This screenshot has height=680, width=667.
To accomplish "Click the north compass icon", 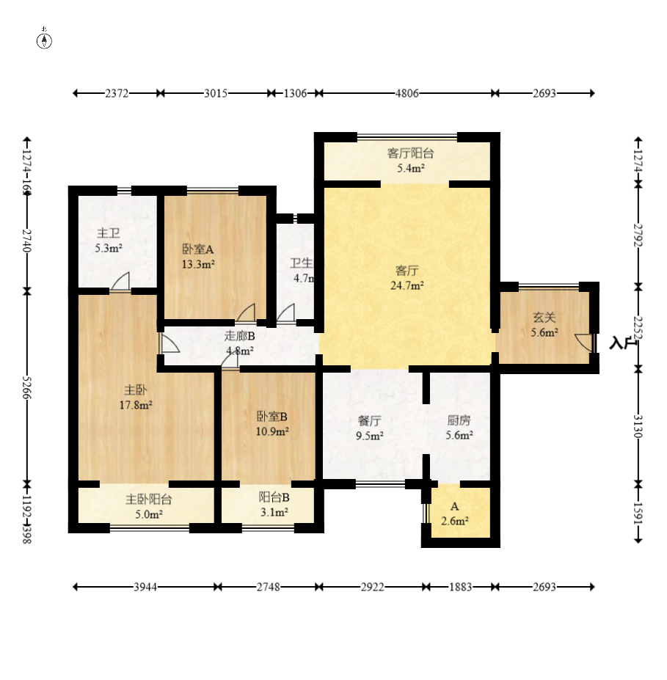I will [x=44, y=40].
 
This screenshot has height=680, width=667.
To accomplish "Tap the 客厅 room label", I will [x=407, y=269].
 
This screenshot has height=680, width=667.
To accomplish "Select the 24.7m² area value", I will [x=407, y=285].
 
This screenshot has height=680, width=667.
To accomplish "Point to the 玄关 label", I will [x=544, y=318].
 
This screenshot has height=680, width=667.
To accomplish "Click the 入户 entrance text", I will [x=621, y=343].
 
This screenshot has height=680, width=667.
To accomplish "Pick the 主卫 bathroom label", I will [x=108, y=233].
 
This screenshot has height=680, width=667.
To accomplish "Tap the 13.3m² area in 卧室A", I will [x=198, y=264].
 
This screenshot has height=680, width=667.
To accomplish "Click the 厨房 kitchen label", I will [x=459, y=421].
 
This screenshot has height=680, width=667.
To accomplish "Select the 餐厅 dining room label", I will [x=369, y=421].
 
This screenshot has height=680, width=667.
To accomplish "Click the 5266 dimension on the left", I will [x=27, y=387].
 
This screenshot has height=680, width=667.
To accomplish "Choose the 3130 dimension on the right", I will [x=638, y=425].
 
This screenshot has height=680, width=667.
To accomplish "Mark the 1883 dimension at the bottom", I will [x=460, y=587].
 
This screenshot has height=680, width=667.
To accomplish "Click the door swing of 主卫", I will [x=121, y=282].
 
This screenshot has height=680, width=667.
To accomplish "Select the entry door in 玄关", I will [x=585, y=343].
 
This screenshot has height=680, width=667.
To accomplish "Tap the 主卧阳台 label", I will [x=149, y=500].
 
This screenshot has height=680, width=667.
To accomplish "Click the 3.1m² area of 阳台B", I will [x=274, y=512].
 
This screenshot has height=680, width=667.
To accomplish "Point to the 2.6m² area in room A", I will [x=454, y=522].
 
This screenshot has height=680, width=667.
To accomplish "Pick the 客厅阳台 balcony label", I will [x=410, y=153].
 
